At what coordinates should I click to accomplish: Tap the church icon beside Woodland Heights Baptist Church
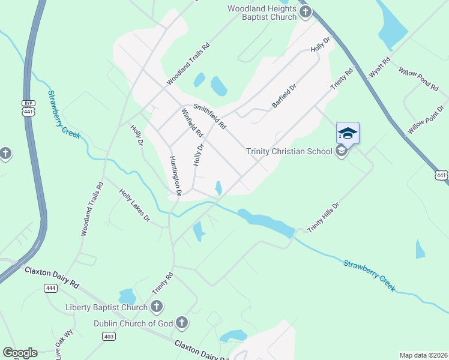(305, 11)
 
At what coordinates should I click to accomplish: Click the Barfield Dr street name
(285, 95)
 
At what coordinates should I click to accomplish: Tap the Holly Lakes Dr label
(134, 205)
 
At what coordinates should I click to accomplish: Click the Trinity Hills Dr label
(324, 217)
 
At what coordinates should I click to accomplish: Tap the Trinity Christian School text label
(289, 151)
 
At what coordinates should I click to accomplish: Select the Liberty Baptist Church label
(106, 308)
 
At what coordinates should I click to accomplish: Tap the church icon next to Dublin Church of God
(182, 323)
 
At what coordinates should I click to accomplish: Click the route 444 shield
(50, 289)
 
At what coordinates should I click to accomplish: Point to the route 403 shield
(109, 337)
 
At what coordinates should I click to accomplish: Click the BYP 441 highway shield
(28, 107)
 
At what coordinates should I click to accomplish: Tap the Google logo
(20, 353)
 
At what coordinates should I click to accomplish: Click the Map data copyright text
(423, 355)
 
